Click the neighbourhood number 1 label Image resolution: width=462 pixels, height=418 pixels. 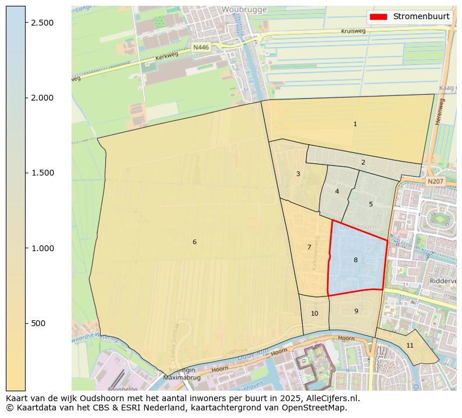355,124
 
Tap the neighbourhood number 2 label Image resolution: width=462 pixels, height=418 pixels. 363,162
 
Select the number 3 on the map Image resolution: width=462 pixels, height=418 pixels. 298,174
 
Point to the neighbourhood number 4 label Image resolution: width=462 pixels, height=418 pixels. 337,191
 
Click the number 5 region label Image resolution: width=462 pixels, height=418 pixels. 371,204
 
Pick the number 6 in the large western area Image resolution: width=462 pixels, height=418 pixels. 194,242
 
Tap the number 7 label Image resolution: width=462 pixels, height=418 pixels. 309,247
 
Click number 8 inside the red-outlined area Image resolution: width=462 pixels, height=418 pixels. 356,260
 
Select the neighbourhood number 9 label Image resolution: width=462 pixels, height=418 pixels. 356,311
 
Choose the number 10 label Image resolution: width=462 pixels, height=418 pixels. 314,313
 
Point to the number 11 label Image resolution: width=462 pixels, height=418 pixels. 410,345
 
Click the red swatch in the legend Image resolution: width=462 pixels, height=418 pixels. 378,16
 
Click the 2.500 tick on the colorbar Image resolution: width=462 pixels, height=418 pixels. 42,23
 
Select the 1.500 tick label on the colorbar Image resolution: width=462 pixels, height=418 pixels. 42,173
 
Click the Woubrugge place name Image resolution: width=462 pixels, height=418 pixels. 244,10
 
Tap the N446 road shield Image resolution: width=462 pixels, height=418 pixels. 201,47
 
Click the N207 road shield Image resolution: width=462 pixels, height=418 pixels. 435,181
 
